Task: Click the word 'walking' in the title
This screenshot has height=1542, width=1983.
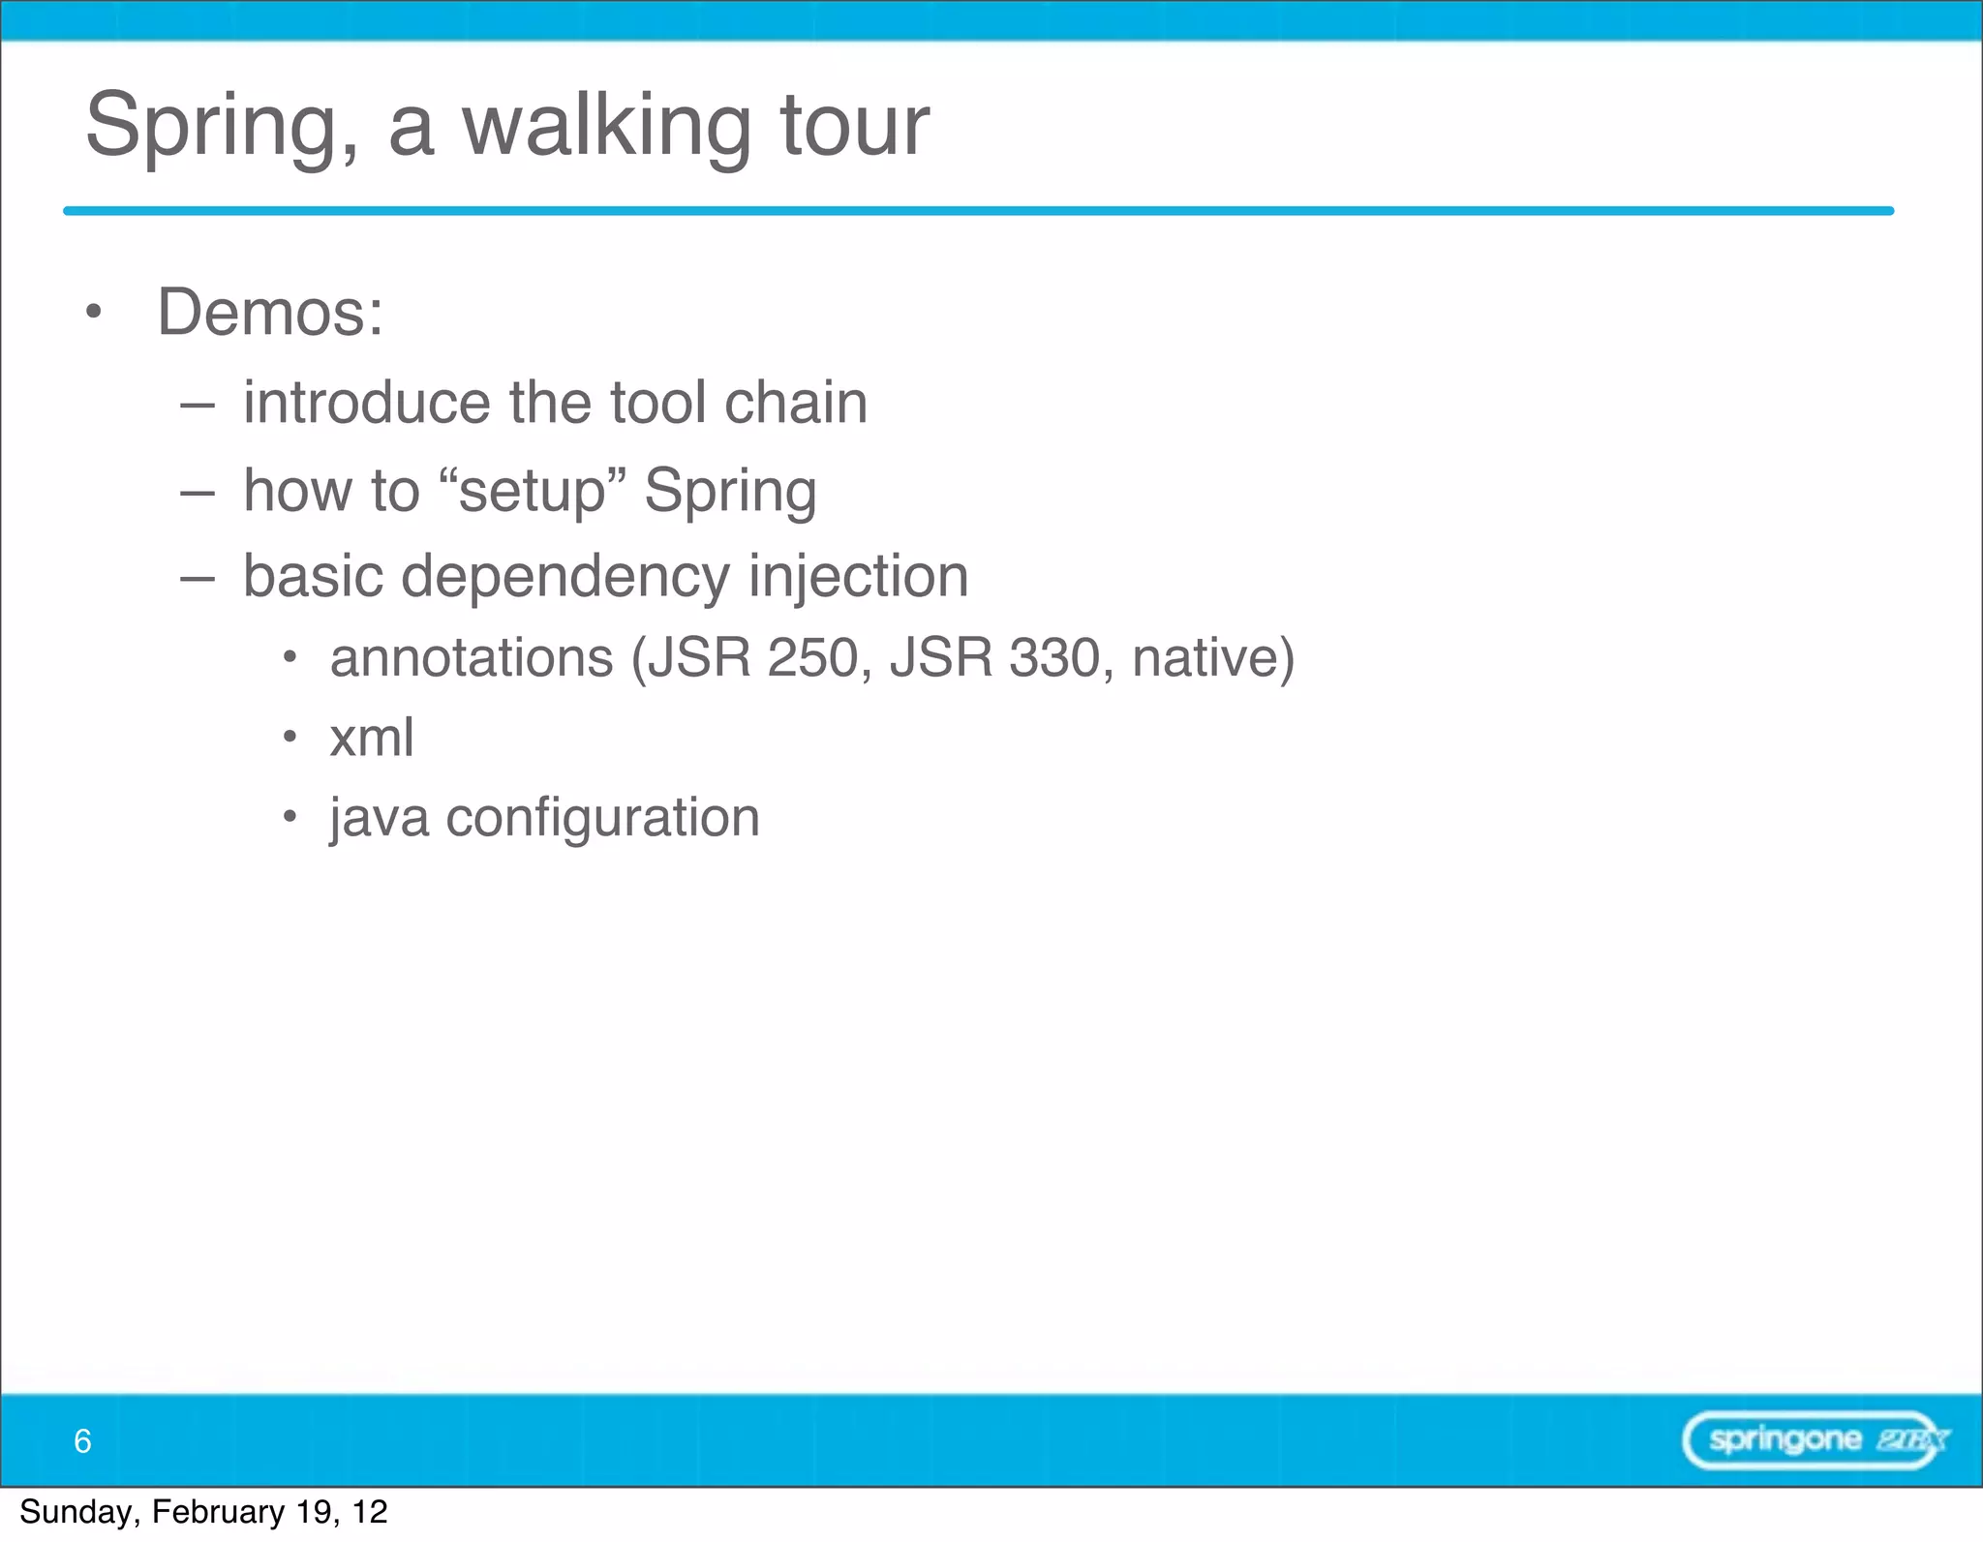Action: tap(606, 126)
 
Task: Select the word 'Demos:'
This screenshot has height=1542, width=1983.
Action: tap(270, 313)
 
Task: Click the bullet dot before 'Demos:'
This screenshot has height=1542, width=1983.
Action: tap(93, 312)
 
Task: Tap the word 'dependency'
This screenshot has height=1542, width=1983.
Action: tap(564, 577)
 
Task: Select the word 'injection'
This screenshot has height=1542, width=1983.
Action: tap(858, 577)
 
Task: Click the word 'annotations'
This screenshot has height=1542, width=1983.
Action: tap(472, 658)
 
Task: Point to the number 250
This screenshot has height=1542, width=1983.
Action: tap(812, 658)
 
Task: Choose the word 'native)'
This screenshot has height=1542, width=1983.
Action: tap(1212, 658)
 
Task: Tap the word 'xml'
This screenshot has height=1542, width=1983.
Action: tap(372, 738)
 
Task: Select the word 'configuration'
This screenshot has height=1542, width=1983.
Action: tap(602, 818)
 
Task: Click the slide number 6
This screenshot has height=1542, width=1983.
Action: tap(82, 1441)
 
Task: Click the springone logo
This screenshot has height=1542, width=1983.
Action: tap(1814, 1440)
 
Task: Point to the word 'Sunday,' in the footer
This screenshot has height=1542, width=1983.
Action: tap(79, 1512)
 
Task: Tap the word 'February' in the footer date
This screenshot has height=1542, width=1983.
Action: tap(218, 1512)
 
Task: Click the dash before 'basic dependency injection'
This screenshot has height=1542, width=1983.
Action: tap(197, 578)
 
